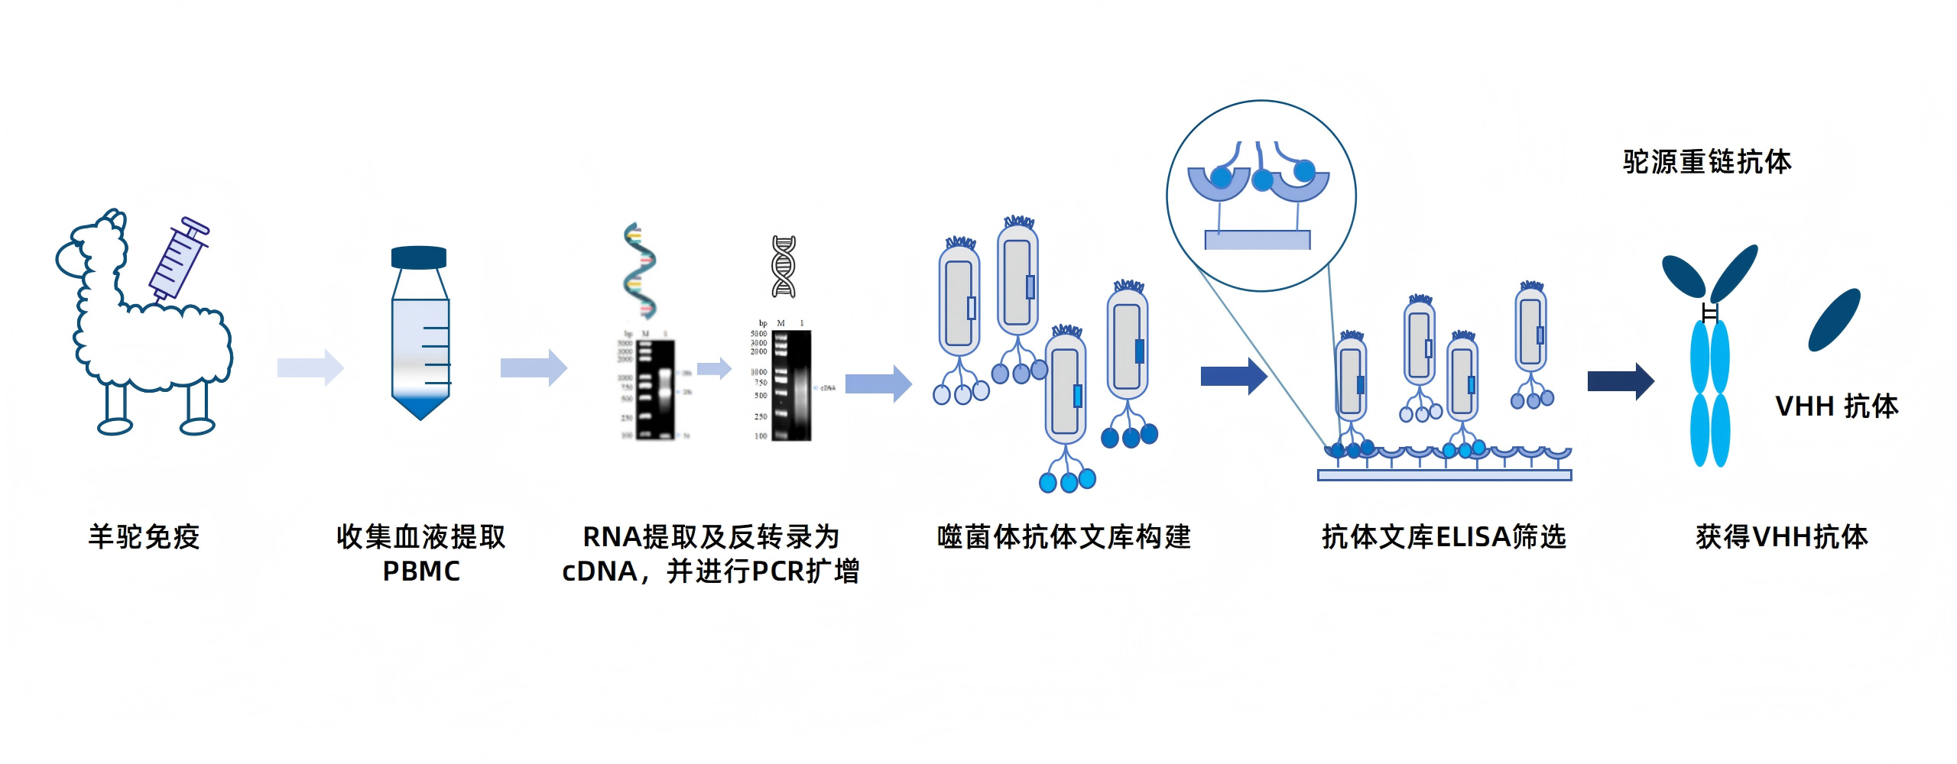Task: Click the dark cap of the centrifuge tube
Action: point(419,257)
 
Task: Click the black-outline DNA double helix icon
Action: point(784,267)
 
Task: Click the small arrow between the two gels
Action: point(715,369)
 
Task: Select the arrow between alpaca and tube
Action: point(310,367)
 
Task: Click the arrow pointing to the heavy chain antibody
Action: point(1621,380)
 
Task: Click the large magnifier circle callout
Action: point(1261,196)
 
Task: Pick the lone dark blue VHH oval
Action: point(1834,319)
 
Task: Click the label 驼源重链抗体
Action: point(1706,162)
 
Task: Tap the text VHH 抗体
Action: point(1836,406)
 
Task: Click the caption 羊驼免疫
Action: point(144,537)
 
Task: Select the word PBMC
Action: point(421,571)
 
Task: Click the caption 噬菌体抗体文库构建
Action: point(1063,537)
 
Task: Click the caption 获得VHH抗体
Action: point(1781,537)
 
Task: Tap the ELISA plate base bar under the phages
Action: point(1444,475)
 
